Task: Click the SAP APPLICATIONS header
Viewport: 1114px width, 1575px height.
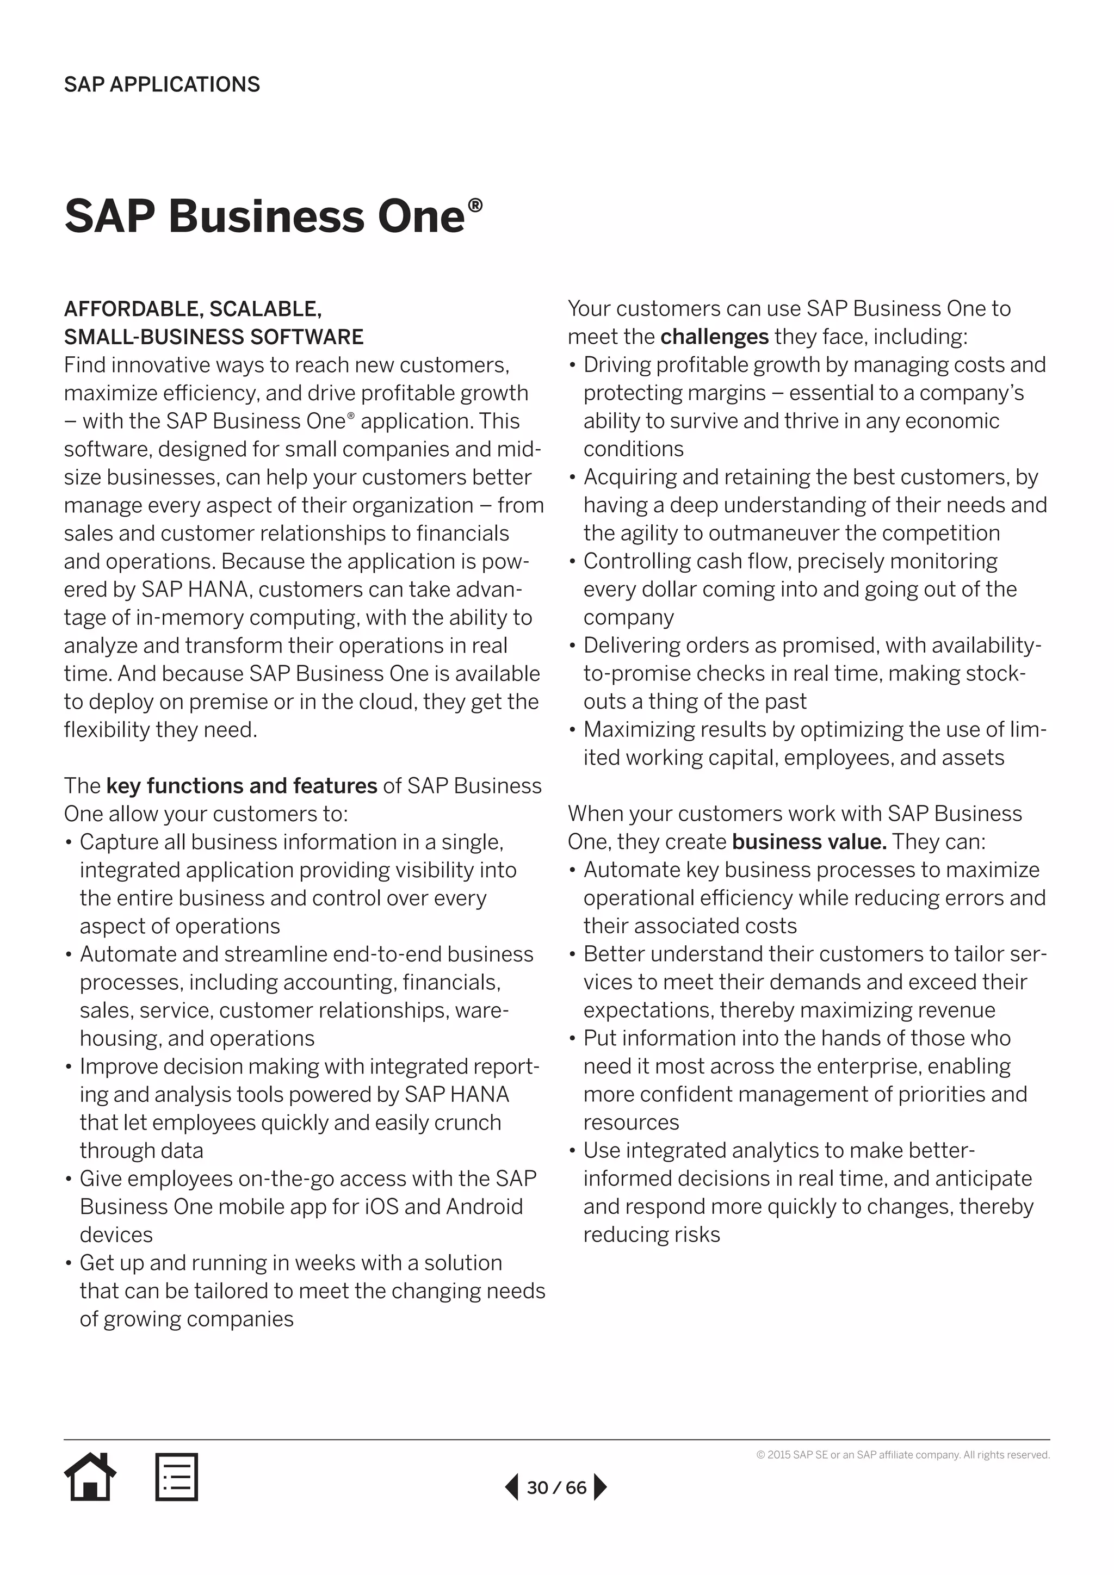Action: (162, 84)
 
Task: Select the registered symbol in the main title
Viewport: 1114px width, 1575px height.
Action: (475, 205)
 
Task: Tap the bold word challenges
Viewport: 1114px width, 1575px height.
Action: (714, 337)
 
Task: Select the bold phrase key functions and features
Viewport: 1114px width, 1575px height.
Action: (242, 785)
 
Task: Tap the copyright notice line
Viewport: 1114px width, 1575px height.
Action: (903, 1455)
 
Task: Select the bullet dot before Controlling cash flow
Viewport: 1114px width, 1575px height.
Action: (572, 562)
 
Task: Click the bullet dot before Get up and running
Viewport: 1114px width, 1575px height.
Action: (69, 1263)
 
